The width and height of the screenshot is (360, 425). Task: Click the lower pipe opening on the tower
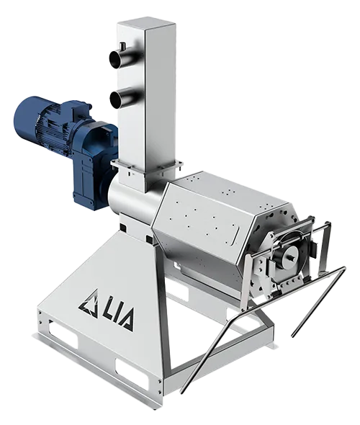[x=116, y=99]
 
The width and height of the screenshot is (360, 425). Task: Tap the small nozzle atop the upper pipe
[x=122, y=46]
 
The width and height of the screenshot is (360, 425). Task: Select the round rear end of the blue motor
[x=25, y=114]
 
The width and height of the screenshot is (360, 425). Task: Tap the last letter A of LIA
[x=127, y=320]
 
